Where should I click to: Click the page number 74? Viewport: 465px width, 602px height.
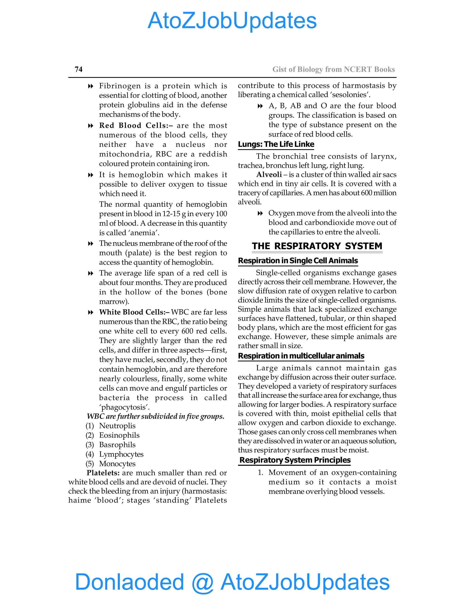(79, 69)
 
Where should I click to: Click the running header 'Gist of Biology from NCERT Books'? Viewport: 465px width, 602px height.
(333, 69)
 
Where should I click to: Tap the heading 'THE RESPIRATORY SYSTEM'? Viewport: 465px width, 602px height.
(317, 246)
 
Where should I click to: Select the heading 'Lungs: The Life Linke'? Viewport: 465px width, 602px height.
(276, 144)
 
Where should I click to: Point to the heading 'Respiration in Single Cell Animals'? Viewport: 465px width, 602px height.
(298, 261)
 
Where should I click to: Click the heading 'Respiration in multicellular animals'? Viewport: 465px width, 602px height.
(301, 356)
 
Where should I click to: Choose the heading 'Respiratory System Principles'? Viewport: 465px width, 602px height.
(295, 460)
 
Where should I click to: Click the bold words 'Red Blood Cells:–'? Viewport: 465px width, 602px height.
(136, 125)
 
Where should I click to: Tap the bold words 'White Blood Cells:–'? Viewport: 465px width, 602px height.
(134, 312)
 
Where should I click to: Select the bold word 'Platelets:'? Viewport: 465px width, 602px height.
(103, 473)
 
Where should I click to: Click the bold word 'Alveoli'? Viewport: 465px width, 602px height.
(269, 174)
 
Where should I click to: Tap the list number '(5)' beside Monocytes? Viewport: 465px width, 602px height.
(90, 464)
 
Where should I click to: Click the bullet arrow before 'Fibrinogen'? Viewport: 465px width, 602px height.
(90, 86)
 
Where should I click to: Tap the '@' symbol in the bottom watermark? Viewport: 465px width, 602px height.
(203, 582)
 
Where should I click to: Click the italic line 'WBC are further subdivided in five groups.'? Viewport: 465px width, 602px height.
(155, 416)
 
